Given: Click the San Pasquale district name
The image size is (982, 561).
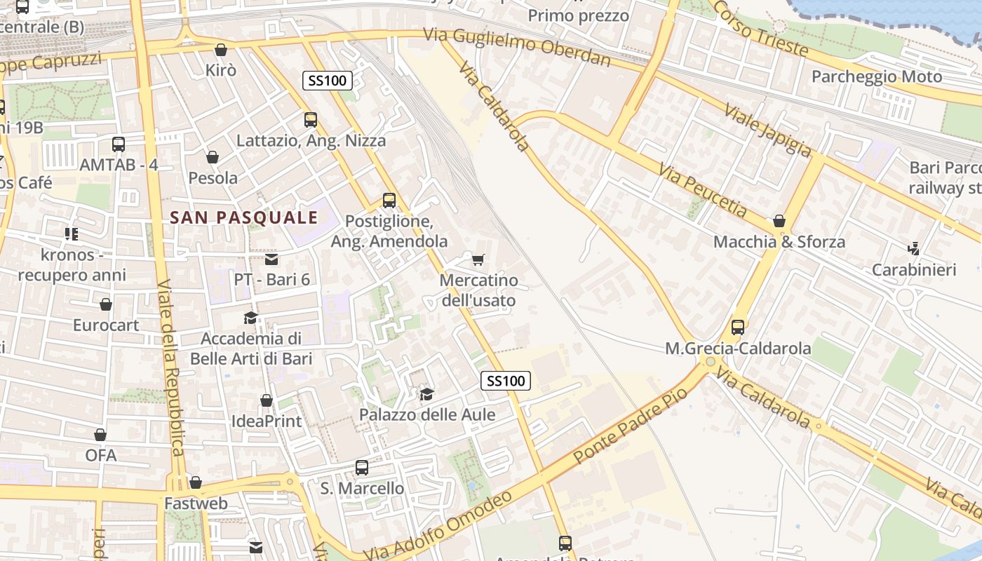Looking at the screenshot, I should coord(243,217).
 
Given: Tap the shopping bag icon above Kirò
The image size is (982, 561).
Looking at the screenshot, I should coord(221,50).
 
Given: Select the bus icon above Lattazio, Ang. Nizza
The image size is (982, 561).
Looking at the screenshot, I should coord(311,120).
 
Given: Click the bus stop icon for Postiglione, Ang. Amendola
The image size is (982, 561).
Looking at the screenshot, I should coord(389,201).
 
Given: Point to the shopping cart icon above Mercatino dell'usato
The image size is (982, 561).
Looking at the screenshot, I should coord(478,260).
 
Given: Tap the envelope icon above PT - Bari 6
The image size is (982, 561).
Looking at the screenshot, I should coord(271,259).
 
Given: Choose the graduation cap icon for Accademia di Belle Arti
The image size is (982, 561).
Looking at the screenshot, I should coord(250,318).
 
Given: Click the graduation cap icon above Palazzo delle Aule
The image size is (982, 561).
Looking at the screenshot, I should coord(426,394).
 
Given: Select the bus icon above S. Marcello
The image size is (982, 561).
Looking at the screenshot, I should coord(362,468).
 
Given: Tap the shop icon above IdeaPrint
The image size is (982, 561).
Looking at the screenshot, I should coord(267,401).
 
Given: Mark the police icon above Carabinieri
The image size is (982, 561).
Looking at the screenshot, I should coord(913,249).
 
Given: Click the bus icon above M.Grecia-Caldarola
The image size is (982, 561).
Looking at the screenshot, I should coord(738,327).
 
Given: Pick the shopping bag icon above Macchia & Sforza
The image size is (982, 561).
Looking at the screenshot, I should coord(779,222).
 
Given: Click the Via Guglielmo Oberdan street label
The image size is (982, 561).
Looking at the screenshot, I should coord(518,46).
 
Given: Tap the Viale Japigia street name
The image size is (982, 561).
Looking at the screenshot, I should coord(768,131).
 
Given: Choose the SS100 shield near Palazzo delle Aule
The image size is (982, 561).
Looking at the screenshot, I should coord(505,381).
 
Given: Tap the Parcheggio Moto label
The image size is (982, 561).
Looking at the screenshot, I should coord(877,76).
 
